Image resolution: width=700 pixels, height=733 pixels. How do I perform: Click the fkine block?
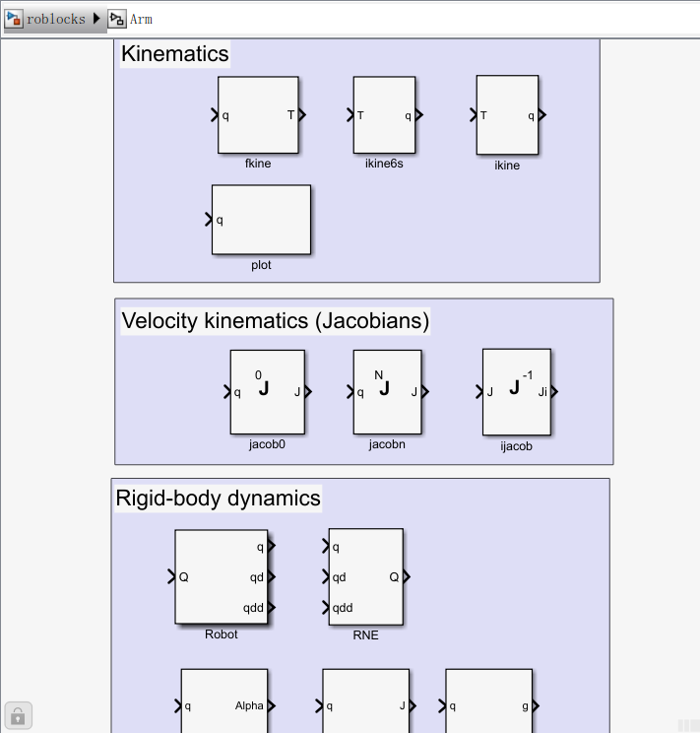[258, 115]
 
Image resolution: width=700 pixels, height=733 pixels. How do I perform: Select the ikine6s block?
[384, 115]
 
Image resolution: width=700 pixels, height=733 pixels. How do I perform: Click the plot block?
[261, 220]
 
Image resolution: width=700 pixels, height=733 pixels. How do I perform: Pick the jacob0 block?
[267, 391]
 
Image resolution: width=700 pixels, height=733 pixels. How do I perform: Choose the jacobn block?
[387, 391]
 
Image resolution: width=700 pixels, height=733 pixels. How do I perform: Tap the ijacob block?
[516, 391]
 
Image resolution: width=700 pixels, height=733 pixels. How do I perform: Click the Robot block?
[221, 576]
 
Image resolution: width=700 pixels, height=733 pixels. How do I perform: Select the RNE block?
[365, 576]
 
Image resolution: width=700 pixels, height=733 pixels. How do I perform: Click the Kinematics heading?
[175, 54]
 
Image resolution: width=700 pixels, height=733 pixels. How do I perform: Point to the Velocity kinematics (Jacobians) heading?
[276, 320]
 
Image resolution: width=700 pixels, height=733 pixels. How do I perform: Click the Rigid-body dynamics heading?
[218, 499]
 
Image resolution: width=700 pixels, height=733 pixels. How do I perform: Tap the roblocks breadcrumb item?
[55, 19]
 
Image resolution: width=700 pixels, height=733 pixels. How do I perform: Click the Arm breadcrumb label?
[141, 19]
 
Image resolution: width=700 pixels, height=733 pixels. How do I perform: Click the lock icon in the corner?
[19, 714]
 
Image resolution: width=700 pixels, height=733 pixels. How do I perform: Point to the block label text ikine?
[507, 166]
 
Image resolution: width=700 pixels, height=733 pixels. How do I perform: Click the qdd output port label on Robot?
[253, 608]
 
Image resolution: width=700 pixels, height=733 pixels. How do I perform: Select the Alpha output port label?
[249, 705]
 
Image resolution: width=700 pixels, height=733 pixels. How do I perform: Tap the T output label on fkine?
[290, 115]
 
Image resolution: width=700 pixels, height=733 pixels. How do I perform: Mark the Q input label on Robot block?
[184, 576]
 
